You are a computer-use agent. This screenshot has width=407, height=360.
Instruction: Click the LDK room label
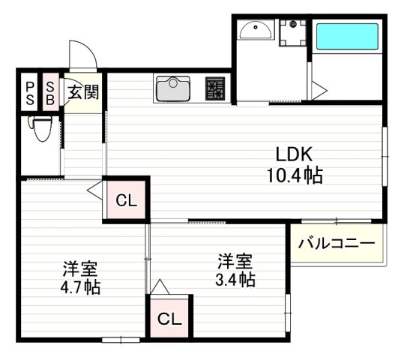(x=294, y=154)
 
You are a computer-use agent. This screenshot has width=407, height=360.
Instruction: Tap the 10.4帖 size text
(x=294, y=177)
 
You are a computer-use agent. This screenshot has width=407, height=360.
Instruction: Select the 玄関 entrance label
(x=82, y=93)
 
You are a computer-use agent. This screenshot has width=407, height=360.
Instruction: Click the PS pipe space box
(x=29, y=92)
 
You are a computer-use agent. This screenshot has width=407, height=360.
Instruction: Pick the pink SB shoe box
(x=50, y=92)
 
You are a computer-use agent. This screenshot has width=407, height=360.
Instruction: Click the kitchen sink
(x=173, y=89)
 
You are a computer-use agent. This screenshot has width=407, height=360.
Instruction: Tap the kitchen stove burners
(x=216, y=89)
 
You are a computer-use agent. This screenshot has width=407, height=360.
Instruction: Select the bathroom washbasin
(x=256, y=32)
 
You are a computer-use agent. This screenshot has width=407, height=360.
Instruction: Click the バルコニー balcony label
(x=337, y=244)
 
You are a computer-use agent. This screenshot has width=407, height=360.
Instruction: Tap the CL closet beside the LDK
(x=126, y=200)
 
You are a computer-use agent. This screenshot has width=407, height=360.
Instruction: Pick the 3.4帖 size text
(x=235, y=281)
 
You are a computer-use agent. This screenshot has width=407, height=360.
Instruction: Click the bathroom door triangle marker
(x=318, y=91)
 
